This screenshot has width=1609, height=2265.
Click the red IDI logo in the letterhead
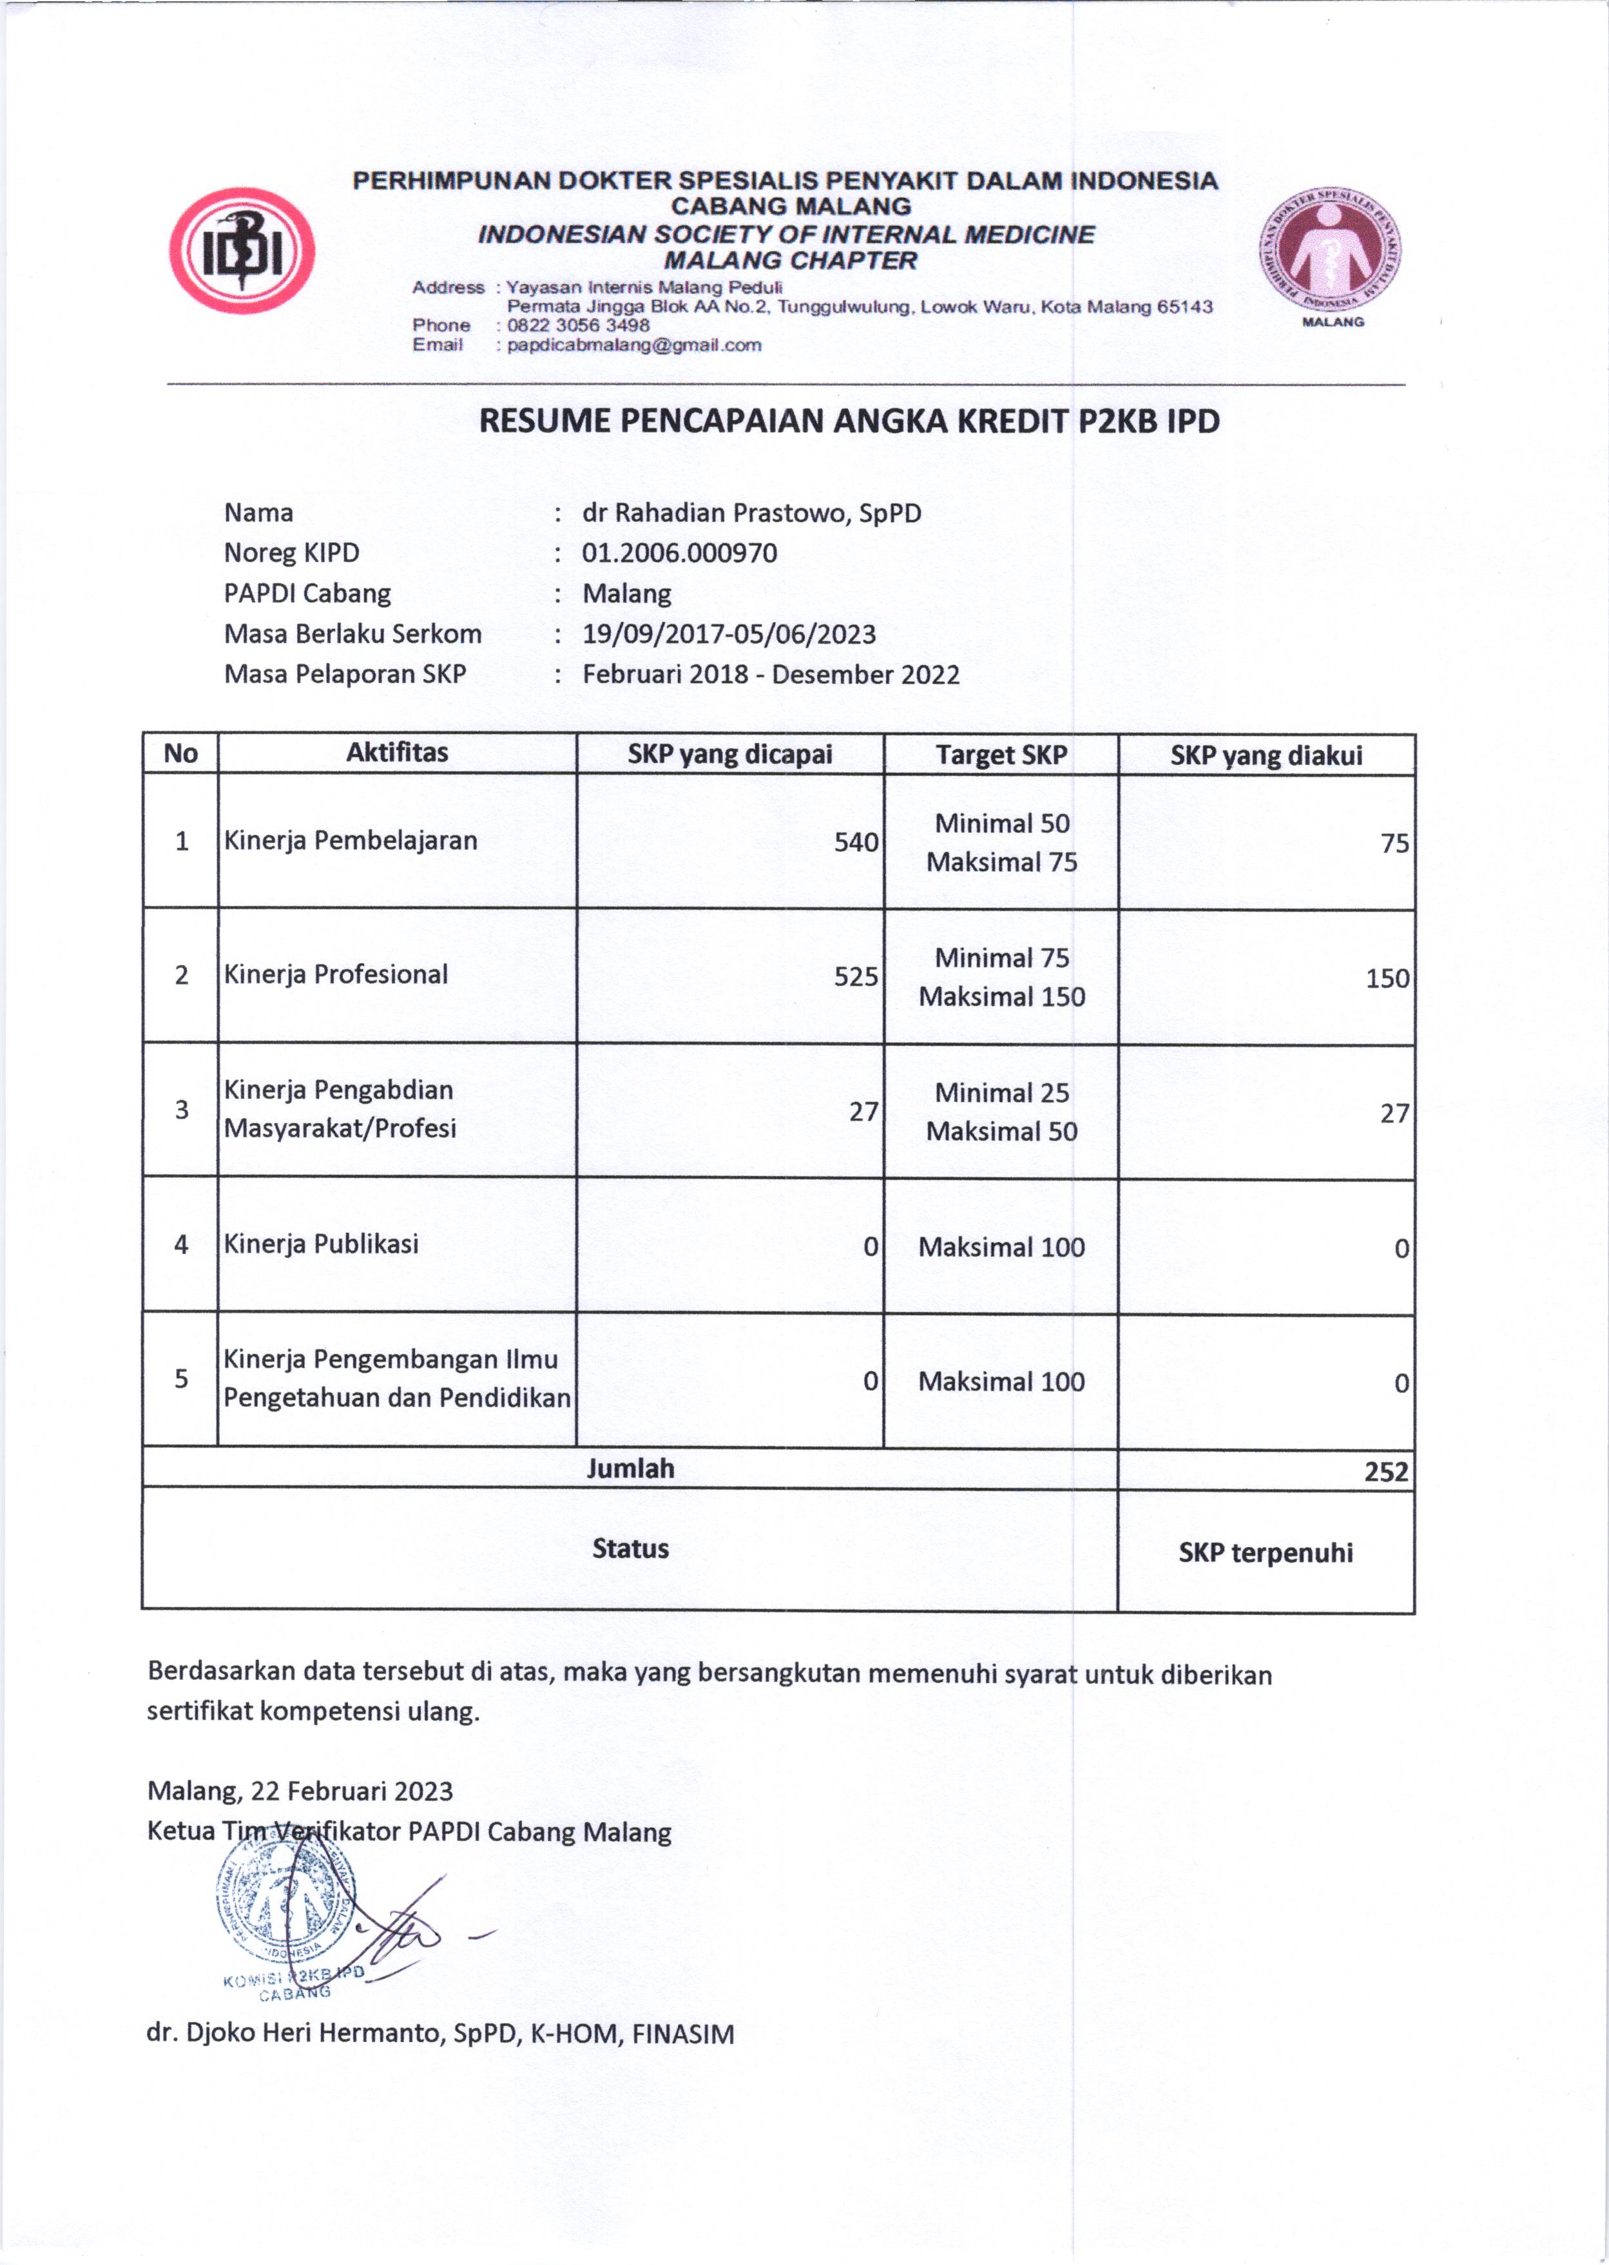241,251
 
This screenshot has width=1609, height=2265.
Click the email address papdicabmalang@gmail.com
633,345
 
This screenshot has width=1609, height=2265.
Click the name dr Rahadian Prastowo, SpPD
751,513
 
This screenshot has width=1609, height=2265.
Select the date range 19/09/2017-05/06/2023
728,634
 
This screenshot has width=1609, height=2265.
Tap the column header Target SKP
1001,755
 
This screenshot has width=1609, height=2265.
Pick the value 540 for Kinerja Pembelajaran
855,842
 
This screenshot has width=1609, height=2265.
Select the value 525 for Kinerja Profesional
855,977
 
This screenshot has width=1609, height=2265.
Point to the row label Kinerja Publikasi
321,1244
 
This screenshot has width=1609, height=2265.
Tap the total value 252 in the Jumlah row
1385,1471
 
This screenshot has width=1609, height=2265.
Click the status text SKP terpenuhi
1265,1552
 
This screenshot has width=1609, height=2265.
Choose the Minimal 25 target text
1001,1093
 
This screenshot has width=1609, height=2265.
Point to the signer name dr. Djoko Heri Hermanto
440,2034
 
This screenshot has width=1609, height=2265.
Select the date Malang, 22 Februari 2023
300,1791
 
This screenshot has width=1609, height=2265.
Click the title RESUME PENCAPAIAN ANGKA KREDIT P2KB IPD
849,421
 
